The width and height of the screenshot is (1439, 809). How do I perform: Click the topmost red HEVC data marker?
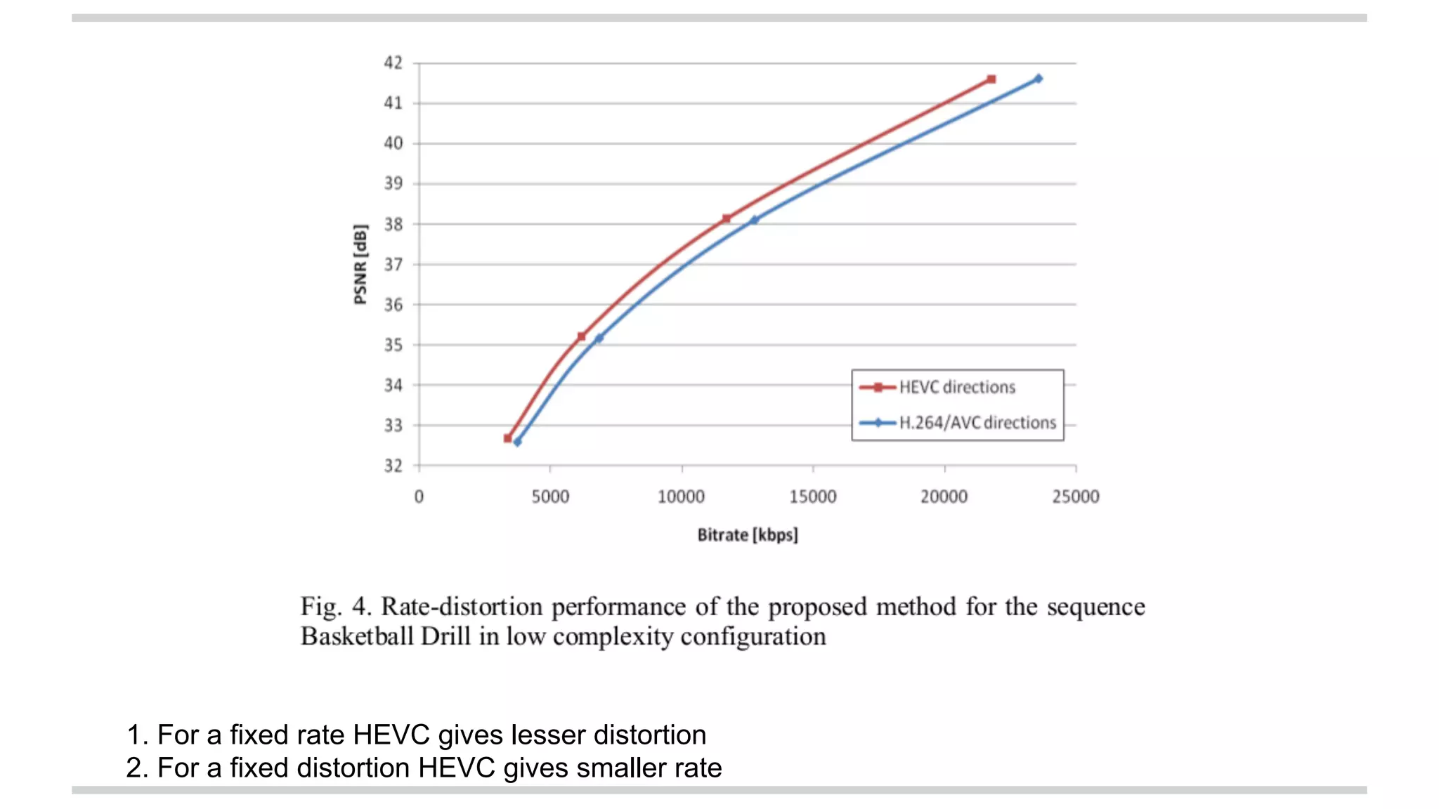[991, 79]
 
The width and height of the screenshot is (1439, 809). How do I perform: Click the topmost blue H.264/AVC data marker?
[1038, 79]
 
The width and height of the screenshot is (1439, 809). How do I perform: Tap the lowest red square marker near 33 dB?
[508, 438]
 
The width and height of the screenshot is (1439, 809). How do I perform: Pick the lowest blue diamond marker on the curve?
[517, 442]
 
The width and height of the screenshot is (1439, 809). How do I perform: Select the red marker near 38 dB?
[726, 218]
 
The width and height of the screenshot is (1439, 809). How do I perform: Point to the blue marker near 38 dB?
[754, 220]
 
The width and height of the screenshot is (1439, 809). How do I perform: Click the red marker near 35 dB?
[581, 336]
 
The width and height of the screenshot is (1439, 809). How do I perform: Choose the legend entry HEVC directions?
[956, 387]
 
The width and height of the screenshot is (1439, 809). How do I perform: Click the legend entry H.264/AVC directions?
[977, 423]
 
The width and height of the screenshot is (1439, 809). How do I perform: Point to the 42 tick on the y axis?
[393, 63]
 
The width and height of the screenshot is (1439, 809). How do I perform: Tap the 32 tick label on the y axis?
[393, 466]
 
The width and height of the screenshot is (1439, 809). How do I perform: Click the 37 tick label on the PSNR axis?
[393, 265]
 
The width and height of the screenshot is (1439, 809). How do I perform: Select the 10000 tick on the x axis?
[681, 496]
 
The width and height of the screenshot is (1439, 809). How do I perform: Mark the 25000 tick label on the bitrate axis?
[1075, 496]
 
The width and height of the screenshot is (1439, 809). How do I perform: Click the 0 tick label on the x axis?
[419, 496]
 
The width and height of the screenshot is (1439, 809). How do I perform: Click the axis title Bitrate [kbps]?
[747, 535]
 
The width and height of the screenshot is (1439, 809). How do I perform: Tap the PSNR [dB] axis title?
[360, 264]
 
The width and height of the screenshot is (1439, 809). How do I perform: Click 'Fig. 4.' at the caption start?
[335, 606]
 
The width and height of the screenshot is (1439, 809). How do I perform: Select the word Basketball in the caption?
[356, 636]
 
